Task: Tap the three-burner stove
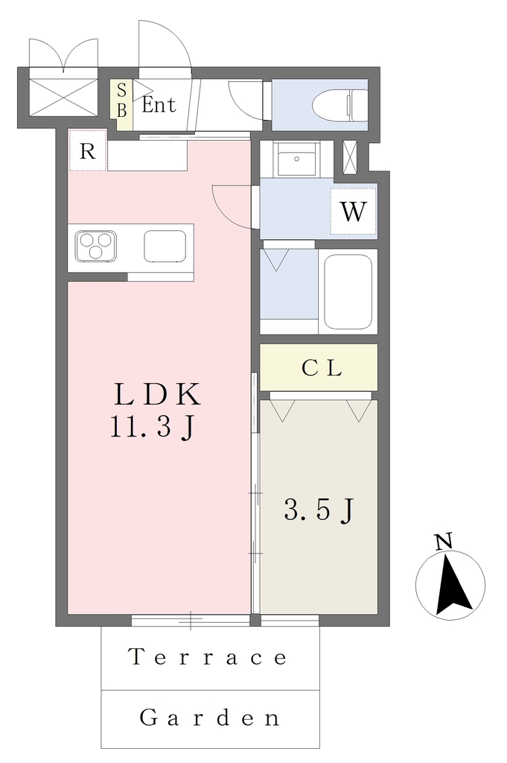coord(95,247)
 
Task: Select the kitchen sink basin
coord(165,246)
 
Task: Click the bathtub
coord(348,292)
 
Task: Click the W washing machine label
coord(353,212)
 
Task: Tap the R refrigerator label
coord(88,151)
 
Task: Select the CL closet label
coord(322,368)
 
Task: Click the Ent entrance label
coord(159,104)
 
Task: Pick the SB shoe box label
coord(122,101)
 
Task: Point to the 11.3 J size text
coord(153,428)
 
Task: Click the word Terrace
coord(208,657)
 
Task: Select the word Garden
coord(210,718)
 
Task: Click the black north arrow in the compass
coord(452,586)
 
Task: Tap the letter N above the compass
coord(443,541)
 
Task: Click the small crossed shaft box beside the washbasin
coord(349,157)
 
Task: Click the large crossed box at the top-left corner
coord(63,98)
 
